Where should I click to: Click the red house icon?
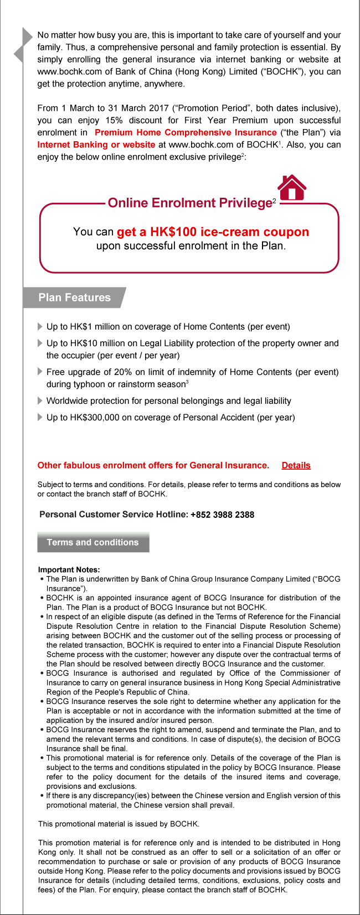click(292, 188)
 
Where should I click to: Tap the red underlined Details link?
click(296, 465)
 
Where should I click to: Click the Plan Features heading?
click(74, 297)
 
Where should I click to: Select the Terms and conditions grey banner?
click(93, 542)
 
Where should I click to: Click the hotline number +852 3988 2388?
click(222, 515)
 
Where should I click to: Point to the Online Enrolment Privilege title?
click(189, 203)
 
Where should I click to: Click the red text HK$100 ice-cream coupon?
click(213, 232)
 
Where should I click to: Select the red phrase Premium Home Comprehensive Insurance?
click(186, 132)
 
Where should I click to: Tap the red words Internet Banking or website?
click(96, 145)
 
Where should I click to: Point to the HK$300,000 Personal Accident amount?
click(92, 417)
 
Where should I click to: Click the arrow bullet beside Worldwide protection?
click(40, 400)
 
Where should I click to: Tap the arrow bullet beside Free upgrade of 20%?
click(40, 372)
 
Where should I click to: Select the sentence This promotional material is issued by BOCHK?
click(119, 824)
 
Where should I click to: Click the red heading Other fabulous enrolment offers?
click(153, 465)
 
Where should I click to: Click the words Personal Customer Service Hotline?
click(114, 515)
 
